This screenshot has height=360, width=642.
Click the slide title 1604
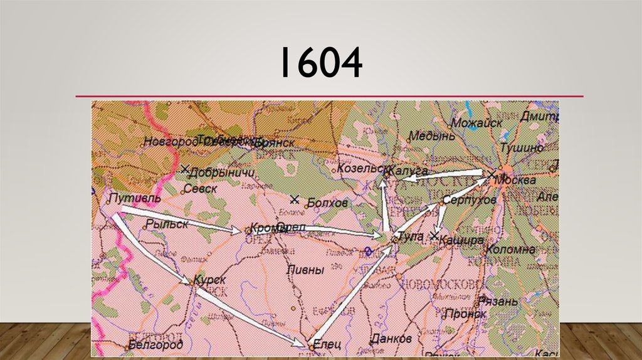click(x=320, y=64)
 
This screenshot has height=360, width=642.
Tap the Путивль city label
click(x=134, y=198)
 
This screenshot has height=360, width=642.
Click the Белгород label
click(x=155, y=344)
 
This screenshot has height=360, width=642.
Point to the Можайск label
click(x=476, y=123)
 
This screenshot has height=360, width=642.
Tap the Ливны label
click(x=305, y=270)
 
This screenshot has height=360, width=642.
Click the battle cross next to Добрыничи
click(x=184, y=169)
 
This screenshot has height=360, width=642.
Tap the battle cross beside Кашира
click(x=434, y=236)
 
